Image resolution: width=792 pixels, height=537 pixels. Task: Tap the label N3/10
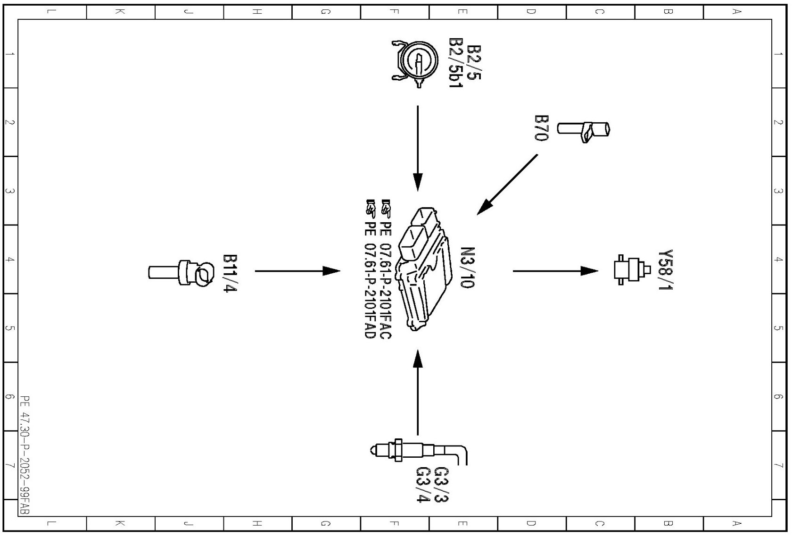coord(467,267)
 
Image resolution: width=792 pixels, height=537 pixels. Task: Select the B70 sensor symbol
coord(584,129)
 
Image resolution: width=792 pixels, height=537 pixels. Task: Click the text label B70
coord(542,128)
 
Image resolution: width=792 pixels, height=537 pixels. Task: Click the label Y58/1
coord(665,270)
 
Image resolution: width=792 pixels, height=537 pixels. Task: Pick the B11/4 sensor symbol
coord(181,273)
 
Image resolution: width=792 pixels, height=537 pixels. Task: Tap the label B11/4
coord(230,273)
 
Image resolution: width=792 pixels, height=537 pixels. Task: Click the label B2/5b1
coord(456,63)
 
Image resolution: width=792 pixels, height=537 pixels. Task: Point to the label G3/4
coord(423,485)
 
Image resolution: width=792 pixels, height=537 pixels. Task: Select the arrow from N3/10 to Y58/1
coord(555,271)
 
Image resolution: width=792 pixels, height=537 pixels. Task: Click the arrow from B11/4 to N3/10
coord(297,271)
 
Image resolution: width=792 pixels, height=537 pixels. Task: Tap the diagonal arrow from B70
coord(507,185)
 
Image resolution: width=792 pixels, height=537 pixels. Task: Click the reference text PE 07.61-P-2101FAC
coord(386,269)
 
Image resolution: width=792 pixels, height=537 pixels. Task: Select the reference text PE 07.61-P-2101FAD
coord(370,269)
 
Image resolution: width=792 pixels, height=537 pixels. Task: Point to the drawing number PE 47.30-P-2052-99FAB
coord(25,455)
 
